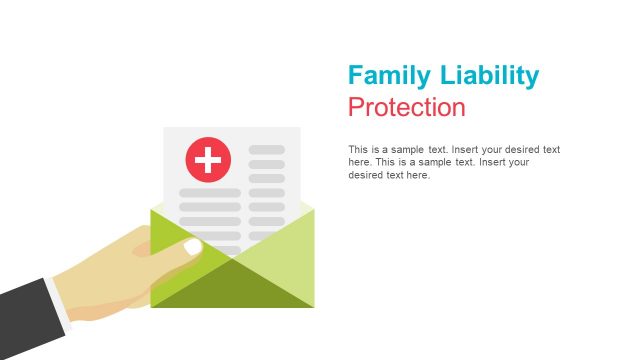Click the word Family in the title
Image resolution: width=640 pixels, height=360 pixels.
pos(387,76)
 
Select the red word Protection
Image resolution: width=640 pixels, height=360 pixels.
pos(407,107)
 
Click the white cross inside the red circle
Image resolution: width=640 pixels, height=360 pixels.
pos(208,159)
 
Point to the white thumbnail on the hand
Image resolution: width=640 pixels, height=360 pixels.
pos(193,246)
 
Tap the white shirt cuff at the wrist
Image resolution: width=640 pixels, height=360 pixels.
pos(62,304)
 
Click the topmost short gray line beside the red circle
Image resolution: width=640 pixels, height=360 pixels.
pos(267,150)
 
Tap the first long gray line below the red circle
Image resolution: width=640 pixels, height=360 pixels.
pos(210,193)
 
